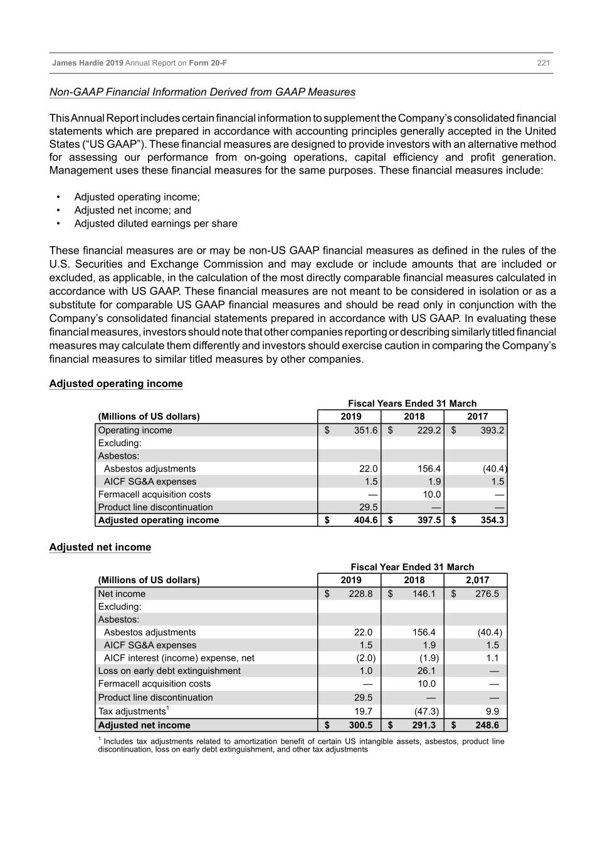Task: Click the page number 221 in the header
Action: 543,63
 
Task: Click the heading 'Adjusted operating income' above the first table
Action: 116,383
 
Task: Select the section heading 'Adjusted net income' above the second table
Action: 100,547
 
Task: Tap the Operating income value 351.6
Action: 366,430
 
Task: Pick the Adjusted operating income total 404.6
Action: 366,520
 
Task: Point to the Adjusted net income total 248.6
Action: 487,725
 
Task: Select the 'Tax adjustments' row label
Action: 132,711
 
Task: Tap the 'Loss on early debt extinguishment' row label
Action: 169,671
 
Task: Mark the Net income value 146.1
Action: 424,594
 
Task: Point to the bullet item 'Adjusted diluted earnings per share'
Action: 155,224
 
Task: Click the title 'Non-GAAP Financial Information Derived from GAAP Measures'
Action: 203,92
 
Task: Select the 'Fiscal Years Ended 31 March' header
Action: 412,403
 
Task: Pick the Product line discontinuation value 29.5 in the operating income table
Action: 368,507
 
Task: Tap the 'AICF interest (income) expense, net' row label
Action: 179,658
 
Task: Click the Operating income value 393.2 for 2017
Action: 492,430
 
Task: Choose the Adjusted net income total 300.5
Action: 360,725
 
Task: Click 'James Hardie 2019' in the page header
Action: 88,63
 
